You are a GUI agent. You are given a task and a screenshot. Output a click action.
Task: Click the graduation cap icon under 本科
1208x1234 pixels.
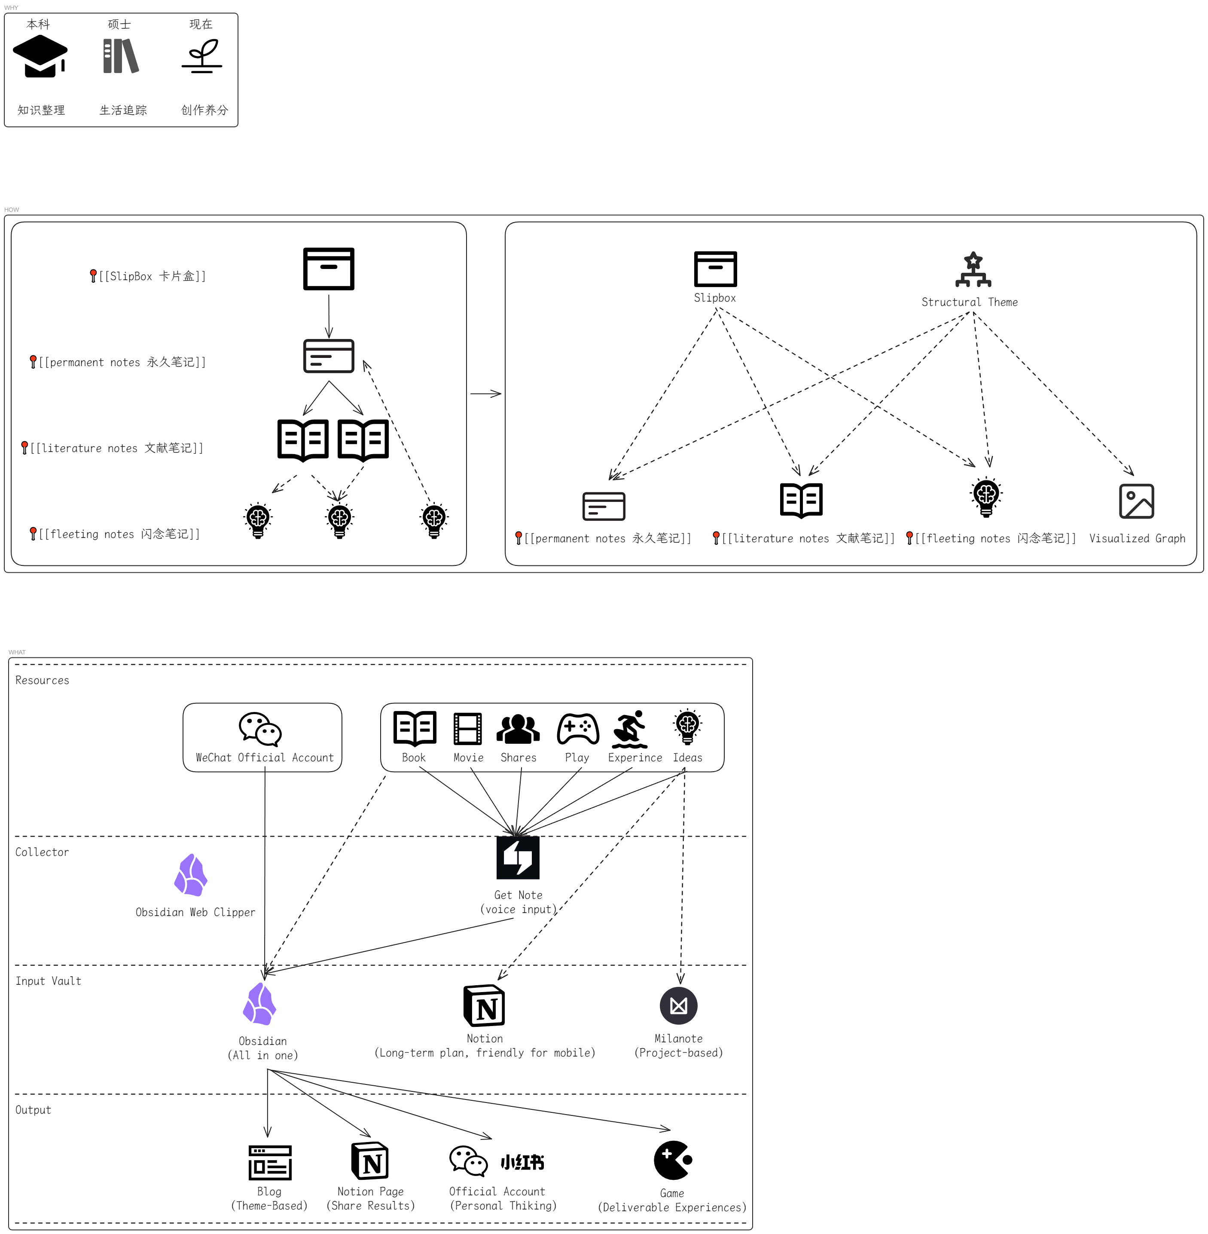pos(40,56)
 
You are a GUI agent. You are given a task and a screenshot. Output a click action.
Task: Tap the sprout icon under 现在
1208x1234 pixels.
pos(202,56)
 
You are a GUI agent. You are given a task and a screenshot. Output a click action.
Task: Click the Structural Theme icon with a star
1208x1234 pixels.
pos(973,270)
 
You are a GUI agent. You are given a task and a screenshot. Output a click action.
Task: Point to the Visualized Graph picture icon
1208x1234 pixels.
pos(1136,501)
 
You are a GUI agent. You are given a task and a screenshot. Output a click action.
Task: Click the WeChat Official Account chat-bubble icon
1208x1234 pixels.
pos(260,729)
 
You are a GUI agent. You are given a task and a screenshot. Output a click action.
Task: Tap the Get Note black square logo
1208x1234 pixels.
pos(518,857)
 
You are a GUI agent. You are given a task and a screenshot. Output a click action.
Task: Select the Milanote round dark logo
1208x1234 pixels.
pos(678,1005)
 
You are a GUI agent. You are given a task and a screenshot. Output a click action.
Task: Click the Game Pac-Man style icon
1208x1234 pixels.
pos(672,1160)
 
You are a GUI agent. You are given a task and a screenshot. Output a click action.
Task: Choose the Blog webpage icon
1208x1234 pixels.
pos(270,1162)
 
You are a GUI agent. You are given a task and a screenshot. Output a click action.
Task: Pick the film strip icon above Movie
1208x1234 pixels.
pos(467,728)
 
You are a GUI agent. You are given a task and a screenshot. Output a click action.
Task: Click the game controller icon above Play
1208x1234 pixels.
pos(577,728)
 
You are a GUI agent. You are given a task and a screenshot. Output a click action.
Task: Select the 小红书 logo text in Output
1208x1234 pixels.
pos(522,1162)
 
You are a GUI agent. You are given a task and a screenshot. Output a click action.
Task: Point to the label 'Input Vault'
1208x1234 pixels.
pos(48,981)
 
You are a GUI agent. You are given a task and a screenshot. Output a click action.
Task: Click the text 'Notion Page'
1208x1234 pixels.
pos(371,1191)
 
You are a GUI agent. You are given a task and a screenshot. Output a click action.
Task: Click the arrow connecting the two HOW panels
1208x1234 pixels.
pos(485,394)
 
